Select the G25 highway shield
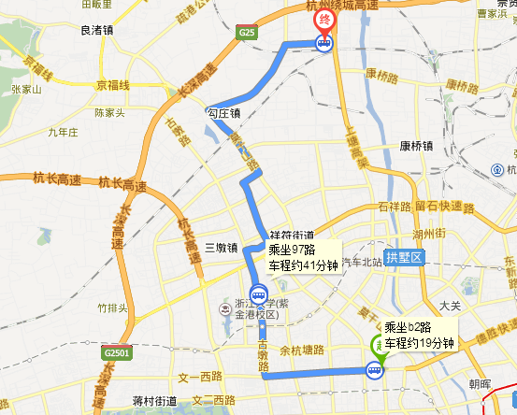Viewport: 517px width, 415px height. coord(247,35)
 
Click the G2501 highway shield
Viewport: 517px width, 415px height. coord(119,354)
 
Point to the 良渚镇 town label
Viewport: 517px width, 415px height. coord(98,31)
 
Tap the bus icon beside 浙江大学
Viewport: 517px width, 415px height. coord(257,296)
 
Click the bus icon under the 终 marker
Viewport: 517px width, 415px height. coord(324,43)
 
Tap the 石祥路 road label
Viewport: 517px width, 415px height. coord(395,206)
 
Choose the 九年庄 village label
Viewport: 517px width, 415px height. coord(61,133)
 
